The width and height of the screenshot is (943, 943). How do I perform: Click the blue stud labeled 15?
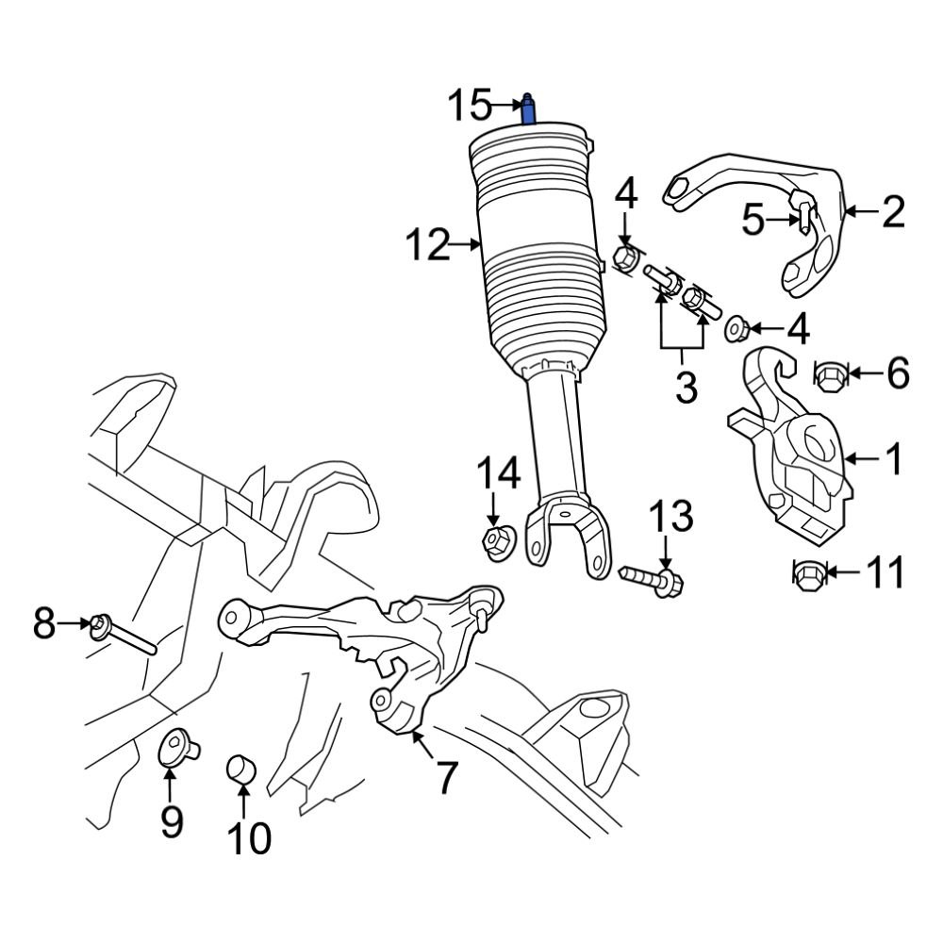pyautogui.click(x=529, y=110)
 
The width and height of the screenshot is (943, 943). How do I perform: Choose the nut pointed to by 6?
pyautogui.click(x=828, y=376)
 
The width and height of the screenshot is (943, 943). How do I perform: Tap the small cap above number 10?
pyautogui.click(x=241, y=769)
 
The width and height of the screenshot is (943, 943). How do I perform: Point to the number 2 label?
pyautogui.click(x=892, y=212)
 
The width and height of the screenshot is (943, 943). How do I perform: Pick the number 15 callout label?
pyautogui.click(x=469, y=105)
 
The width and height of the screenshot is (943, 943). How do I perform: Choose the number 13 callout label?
pyautogui.click(x=670, y=518)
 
